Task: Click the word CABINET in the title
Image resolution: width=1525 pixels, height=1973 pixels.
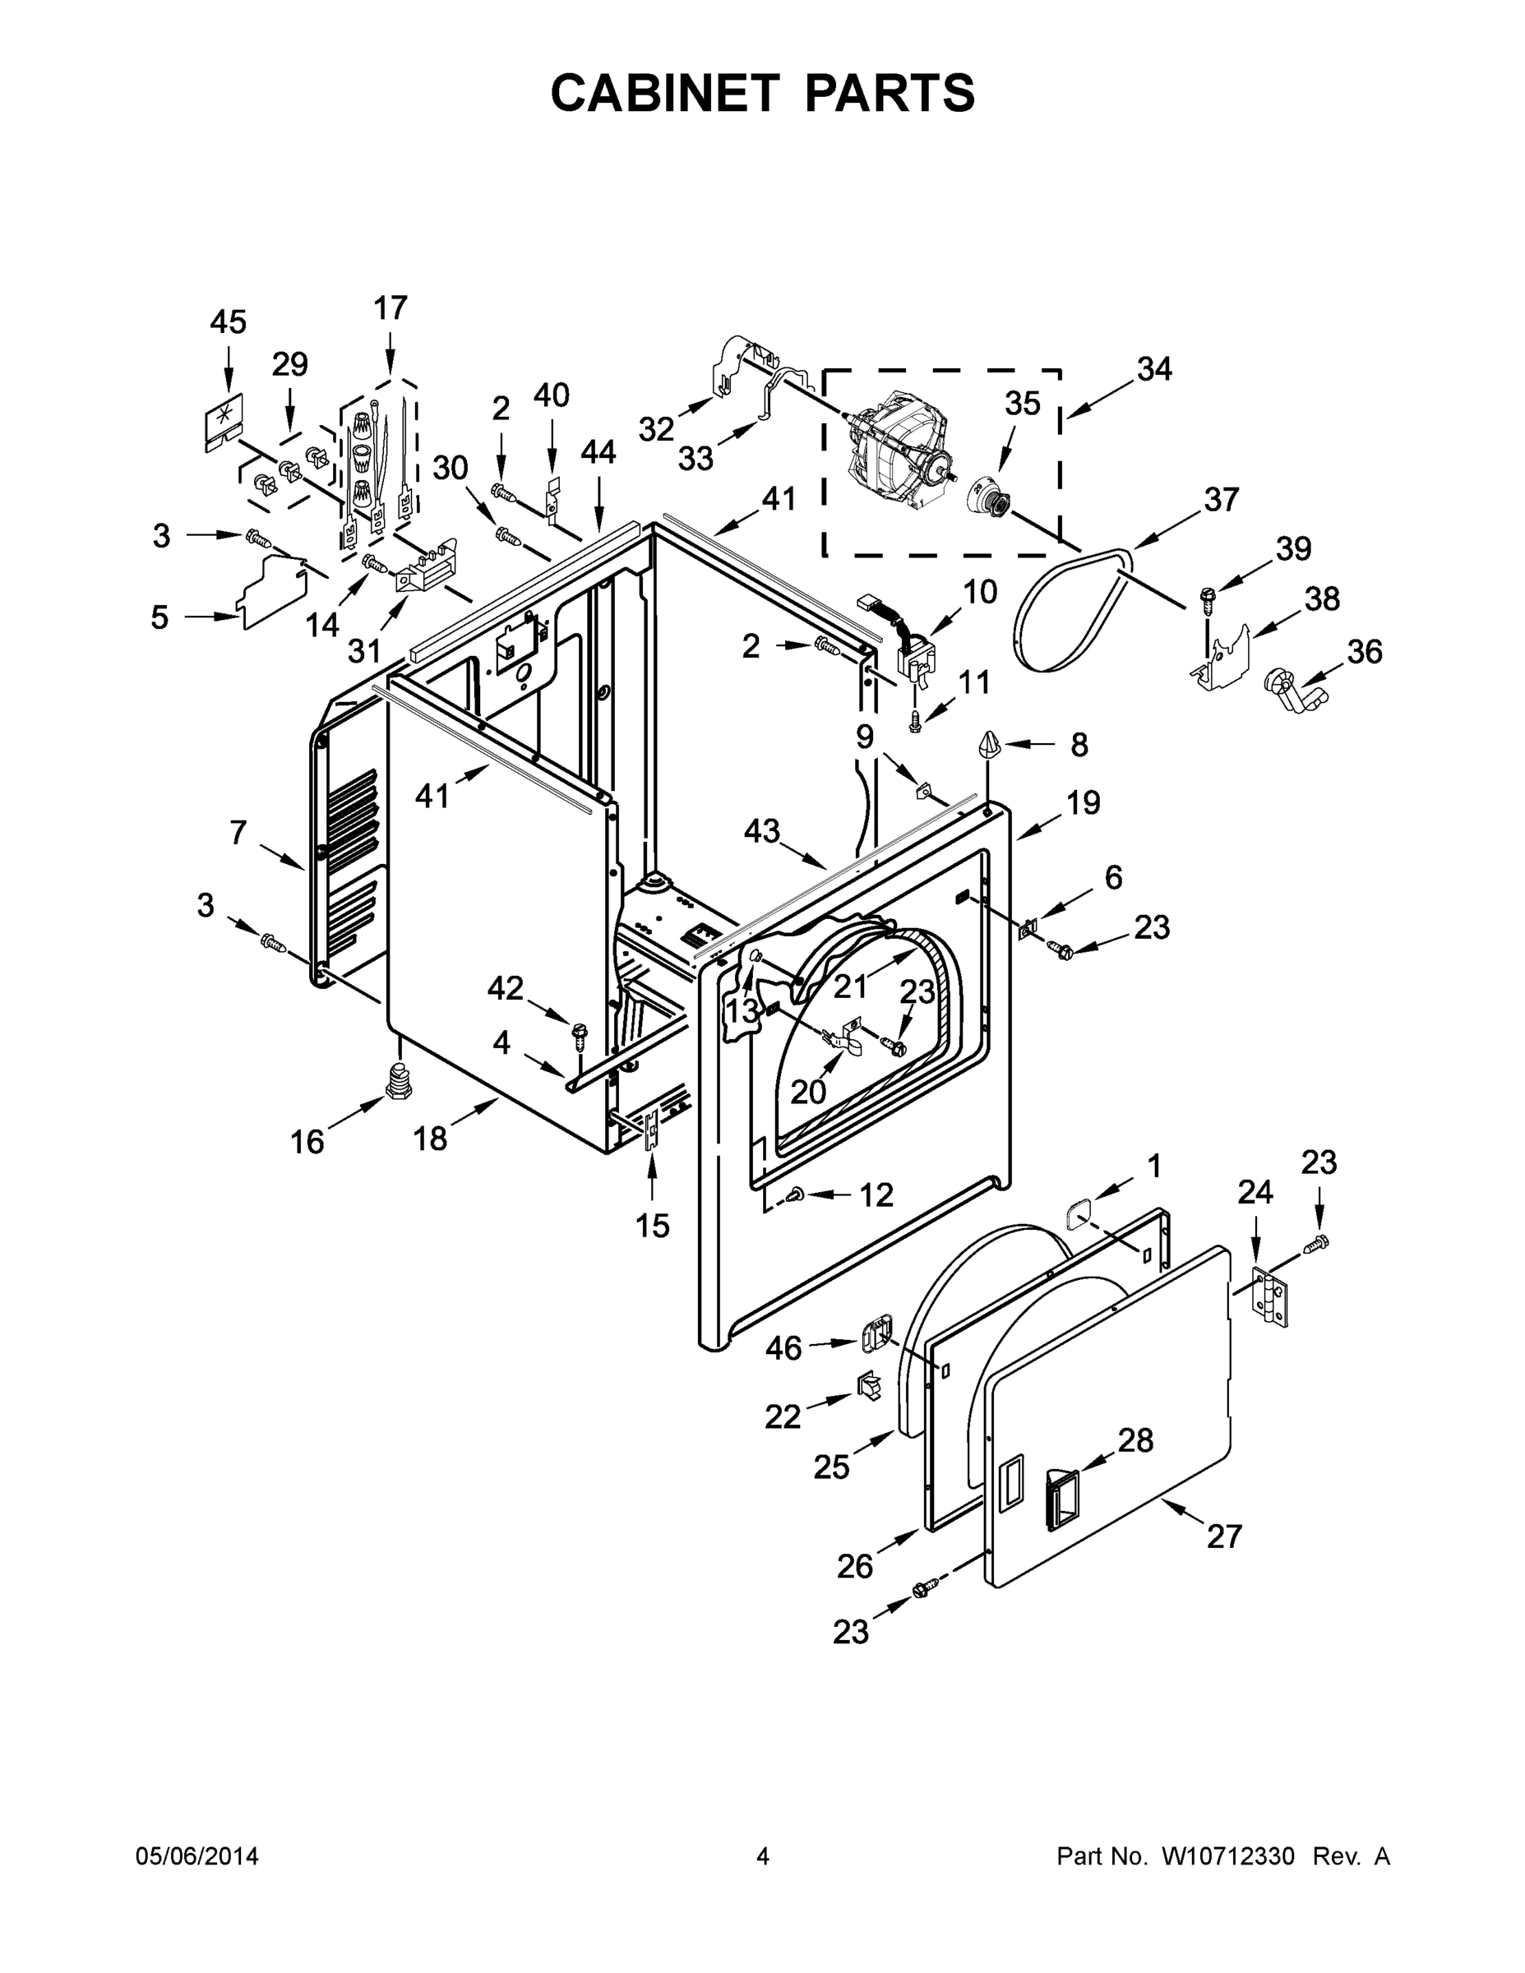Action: click(x=665, y=93)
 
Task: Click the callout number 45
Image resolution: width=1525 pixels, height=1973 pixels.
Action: click(x=228, y=322)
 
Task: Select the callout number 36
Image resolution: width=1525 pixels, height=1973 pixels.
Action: click(x=1364, y=651)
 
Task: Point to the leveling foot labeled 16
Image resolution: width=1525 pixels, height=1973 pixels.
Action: click(x=399, y=1080)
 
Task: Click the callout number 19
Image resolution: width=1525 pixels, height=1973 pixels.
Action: click(x=1084, y=802)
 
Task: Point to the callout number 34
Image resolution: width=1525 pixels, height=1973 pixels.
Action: click(x=1153, y=369)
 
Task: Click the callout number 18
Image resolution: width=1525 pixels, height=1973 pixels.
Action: click(x=430, y=1139)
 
